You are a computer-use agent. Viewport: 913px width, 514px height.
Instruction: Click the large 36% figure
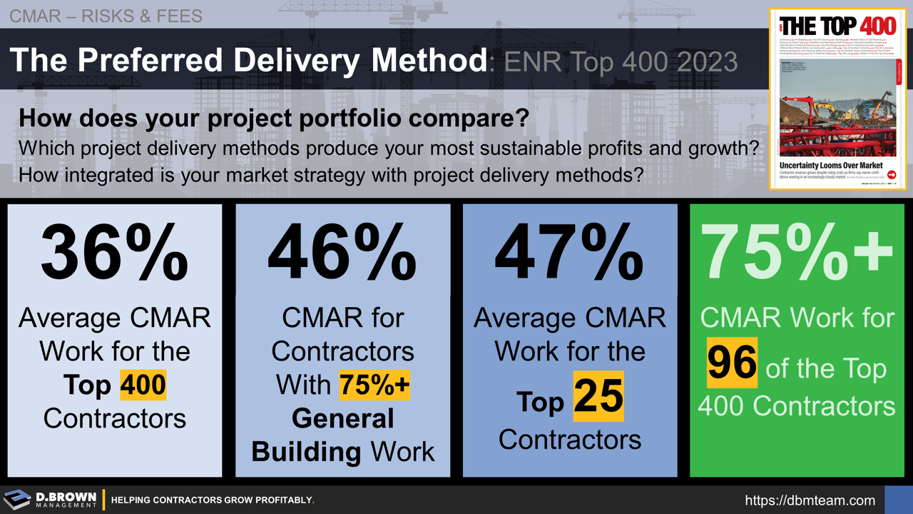114,253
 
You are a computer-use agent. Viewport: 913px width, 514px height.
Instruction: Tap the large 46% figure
342,253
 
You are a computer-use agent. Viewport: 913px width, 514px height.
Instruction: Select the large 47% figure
569,253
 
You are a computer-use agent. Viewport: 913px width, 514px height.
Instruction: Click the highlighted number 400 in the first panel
143,385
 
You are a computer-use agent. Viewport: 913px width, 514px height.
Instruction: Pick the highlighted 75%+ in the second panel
374,385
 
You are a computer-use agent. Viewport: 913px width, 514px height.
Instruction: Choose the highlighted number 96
733,363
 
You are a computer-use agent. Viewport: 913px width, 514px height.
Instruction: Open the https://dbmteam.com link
810,500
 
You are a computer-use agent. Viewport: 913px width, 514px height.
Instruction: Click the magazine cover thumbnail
837,99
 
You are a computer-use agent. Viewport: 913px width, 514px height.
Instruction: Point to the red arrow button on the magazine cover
891,175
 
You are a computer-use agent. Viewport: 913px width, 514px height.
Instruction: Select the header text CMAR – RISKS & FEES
106,15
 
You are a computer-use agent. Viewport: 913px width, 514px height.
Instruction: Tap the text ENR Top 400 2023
621,63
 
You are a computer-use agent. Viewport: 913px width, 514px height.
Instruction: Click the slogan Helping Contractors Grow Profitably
213,500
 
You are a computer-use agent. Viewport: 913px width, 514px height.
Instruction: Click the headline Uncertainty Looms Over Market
830,166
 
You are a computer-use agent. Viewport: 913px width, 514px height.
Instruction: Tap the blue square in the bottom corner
898,500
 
